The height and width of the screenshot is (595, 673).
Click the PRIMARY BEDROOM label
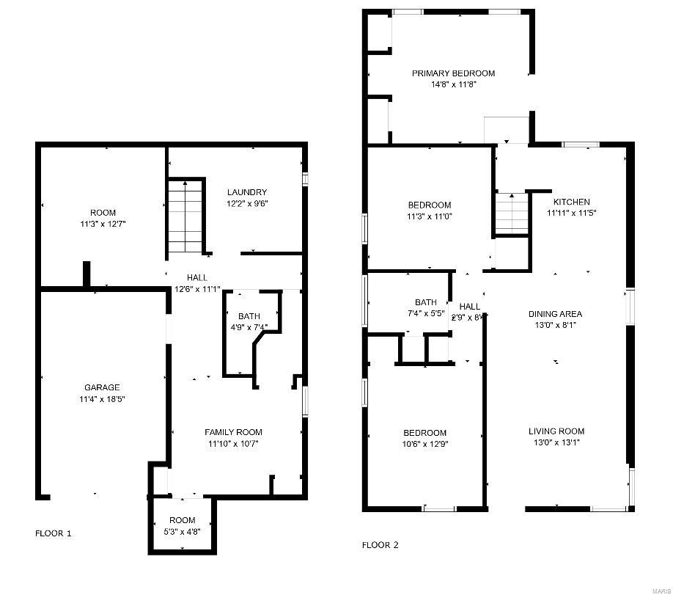click(x=453, y=73)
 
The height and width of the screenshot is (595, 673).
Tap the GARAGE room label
click(x=101, y=387)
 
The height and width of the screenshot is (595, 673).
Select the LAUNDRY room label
click(x=247, y=192)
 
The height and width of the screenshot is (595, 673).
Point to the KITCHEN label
click(x=571, y=202)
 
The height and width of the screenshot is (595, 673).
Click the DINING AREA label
click(x=556, y=313)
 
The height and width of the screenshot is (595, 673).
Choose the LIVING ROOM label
click(x=556, y=431)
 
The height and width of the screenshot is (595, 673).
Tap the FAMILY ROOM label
click(x=233, y=432)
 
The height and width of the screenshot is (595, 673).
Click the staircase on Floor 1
click(x=183, y=217)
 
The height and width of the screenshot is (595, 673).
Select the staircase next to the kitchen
click(x=511, y=213)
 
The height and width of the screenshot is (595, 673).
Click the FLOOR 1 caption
click(x=54, y=533)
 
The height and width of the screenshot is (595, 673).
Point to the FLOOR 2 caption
click(x=380, y=545)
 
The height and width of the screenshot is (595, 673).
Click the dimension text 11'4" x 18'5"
click(x=101, y=399)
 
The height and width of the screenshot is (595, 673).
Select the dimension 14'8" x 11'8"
click(x=453, y=84)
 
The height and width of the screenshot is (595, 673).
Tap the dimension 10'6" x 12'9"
click(x=425, y=444)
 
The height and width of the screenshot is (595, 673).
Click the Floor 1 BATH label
click(x=249, y=316)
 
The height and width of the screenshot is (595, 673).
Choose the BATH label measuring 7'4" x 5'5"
click(x=426, y=302)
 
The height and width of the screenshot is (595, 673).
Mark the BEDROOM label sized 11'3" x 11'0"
click(x=429, y=205)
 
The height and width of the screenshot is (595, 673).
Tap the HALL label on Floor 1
click(x=197, y=278)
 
